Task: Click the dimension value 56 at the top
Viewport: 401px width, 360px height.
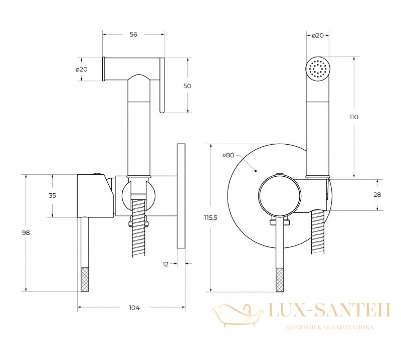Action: point(133,34)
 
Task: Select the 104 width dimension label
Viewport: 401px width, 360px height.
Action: point(134,307)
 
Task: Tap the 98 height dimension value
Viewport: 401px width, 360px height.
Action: point(26,233)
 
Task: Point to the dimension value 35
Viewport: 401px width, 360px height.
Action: point(52,195)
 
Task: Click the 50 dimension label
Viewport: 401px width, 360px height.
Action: point(187,86)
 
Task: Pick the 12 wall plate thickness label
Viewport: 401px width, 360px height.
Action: point(165,264)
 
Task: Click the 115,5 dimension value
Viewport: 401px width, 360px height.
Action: point(211,218)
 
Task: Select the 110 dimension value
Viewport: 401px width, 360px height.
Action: point(354,117)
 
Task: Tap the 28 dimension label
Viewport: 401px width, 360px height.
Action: point(377,195)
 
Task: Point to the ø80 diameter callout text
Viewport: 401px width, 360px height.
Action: point(229,155)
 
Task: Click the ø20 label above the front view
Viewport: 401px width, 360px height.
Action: point(318,36)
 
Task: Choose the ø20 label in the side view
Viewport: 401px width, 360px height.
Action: point(82,69)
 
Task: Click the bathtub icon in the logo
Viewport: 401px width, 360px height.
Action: point(237,315)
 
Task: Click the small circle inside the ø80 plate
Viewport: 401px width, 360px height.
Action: point(280,195)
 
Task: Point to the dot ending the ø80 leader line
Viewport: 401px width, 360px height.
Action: point(256,171)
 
